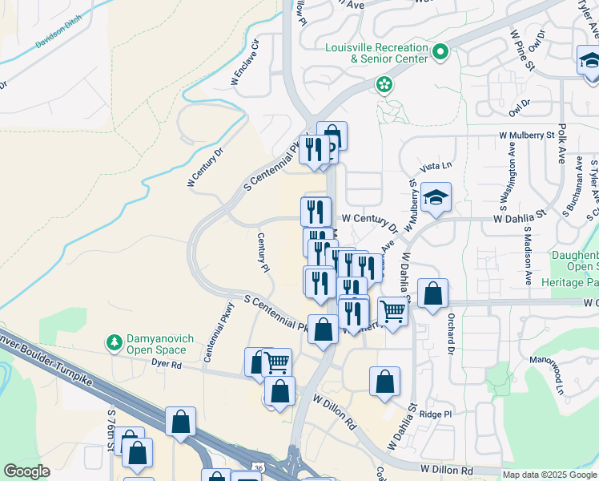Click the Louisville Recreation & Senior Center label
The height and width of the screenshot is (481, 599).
click(x=376, y=53)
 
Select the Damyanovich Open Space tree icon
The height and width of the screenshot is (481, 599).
click(x=115, y=343)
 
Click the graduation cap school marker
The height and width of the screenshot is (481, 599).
click(x=435, y=198)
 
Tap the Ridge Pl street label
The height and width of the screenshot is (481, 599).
click(x=437, y=414)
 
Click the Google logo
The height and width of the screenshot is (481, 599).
click(x=26, y=471)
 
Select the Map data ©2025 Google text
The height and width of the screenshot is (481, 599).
click(x=548, y=474)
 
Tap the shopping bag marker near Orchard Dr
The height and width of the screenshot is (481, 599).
click(x=432, y=295)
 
